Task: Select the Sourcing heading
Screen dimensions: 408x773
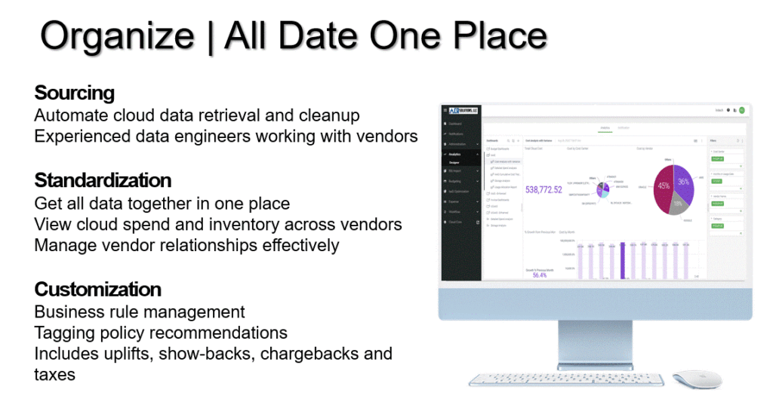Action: click(x=74, y=93)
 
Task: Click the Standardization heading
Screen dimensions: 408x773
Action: click(x=103, y=180)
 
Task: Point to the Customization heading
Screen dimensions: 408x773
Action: click(x=98, y=289)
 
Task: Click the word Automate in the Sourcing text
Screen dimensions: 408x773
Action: click(x=70, y=115)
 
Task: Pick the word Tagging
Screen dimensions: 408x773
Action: click(x=63, y=333)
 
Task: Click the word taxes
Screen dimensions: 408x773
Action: click(x=54, y=374)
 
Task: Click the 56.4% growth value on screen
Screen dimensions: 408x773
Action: click(x=539, y=275)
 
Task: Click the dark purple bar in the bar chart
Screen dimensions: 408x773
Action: click(x=622, y=260)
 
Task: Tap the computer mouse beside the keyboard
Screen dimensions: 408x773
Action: click(x=697, y=379)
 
